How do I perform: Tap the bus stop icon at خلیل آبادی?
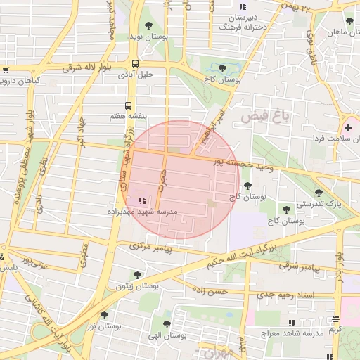(134, 63)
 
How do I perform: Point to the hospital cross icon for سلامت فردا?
(348, 127)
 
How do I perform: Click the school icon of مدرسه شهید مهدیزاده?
(143, 200)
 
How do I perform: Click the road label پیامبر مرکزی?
(156, 247)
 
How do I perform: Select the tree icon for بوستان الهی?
(167, 324)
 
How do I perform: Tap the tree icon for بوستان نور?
(104, 316)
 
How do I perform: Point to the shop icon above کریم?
(336, 319)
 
